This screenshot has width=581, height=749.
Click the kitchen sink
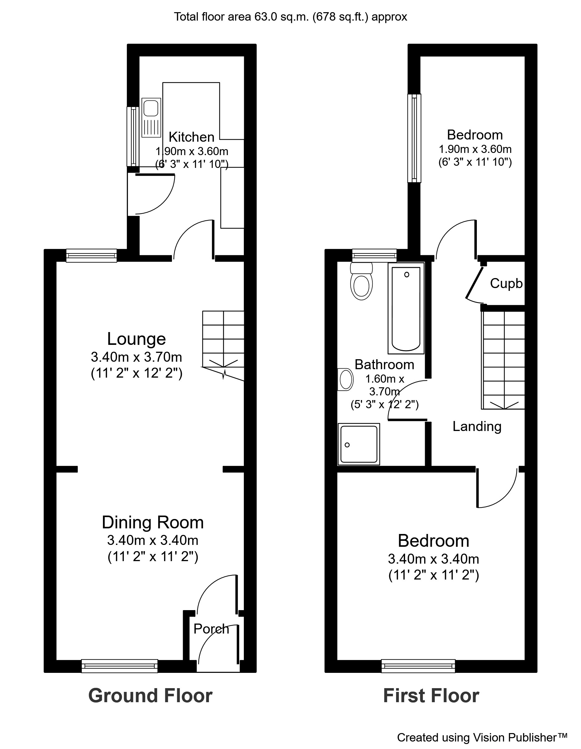pyautogui.click(x=151, y=117)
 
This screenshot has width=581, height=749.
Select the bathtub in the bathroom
pyautogui.click(x=406, y=308)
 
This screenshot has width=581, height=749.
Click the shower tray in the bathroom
pyautogui.click(x=359, y=444)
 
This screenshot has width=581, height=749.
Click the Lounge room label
pyautogui.click(x=136, y=339)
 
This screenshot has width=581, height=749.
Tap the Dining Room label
pyautogui.click(x=153, y=522)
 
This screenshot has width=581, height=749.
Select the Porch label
pyautogui.click(x=211, y=629)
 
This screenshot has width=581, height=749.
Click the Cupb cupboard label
pyautogui.click(x=506, y=283)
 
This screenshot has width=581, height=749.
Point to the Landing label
pyautogui.click(x=477, y=426)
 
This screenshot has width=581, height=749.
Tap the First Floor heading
pyautogui.click(x=431, y=696)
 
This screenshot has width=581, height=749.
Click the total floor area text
pyautogui.click(x=290, y=17)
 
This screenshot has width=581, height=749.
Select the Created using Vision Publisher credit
pyautogui.click(x=482, y=737)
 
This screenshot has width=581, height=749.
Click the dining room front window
pyautogui.click(x=120, y=666)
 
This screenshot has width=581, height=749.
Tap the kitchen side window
pyautogui.click(x=133, y=136)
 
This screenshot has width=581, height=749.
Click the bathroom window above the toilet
pyautogui.click(x=374, y=256)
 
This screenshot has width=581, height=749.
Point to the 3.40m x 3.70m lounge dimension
pyautogui.click(x=136, y=357)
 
